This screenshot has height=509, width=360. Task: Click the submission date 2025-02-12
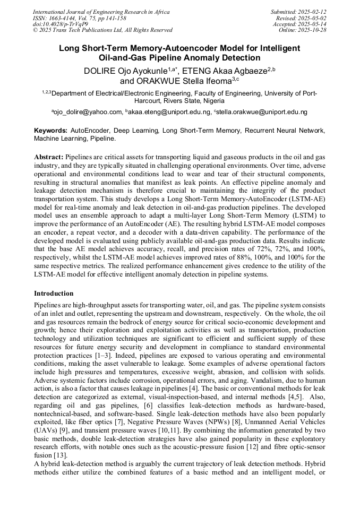[313, 12]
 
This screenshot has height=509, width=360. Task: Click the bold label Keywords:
[51, 130]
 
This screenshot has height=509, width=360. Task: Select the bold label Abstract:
[49, 157]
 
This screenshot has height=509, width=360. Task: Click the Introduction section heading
[54, 294]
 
